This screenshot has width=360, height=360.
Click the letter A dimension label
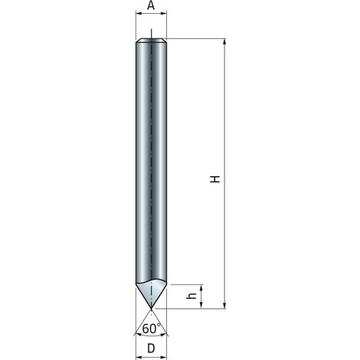(x=151, y=5)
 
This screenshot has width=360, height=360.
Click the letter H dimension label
(x=215, y=178)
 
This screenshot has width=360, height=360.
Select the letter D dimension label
(x=151, y=349)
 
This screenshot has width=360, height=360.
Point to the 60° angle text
(x=152, y=329)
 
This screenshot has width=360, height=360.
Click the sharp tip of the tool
(x=152, y=309)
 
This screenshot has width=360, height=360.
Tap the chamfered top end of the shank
(x=151, y=40)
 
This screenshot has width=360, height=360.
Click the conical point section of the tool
(x=152, y=293)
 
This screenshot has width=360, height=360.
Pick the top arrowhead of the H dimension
(x=224, y=42)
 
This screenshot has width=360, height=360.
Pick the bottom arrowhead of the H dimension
(x=224, y=306)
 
